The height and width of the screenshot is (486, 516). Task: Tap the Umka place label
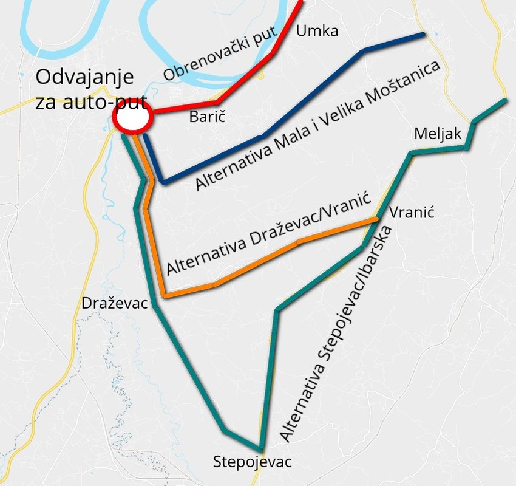click(316, 31)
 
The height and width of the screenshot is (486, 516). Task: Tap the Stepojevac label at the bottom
click(253, 462)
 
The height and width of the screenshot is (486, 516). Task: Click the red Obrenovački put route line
click(243, 79)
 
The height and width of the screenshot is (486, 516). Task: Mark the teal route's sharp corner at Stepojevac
click(261, 449)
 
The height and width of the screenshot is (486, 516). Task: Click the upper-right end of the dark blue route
click(423, 35)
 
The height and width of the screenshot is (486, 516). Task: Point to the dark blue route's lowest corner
click(163, 182)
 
